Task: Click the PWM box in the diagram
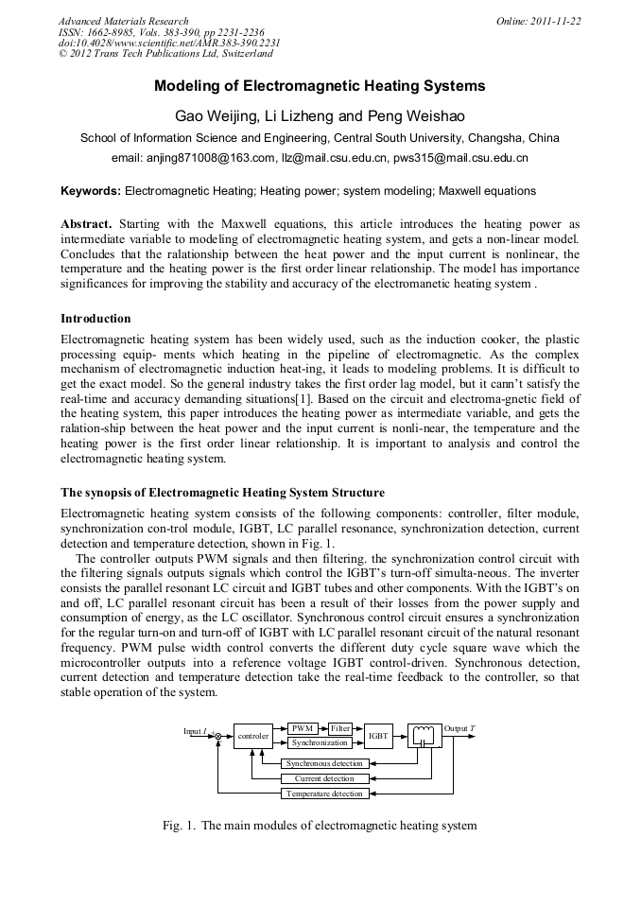pos(303,728)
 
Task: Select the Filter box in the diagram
pos(340,728)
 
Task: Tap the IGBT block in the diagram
pos(378,735)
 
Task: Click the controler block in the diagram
pos(252,735)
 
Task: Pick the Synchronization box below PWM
pos(320,742)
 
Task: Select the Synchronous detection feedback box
pos(324,763)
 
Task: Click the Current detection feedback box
pos(324,778)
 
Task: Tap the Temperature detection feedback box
pos(324,794)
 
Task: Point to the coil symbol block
pos(424,735)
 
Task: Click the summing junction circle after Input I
pos(217,735)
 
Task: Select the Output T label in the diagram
pos(459,728)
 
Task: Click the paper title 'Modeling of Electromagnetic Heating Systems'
pos(320,86)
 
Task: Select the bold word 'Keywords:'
pos(91,190)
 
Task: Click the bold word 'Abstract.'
pos(86,224)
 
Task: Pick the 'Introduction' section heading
pos(95,318)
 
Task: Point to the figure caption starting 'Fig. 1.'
pos(320,826)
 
